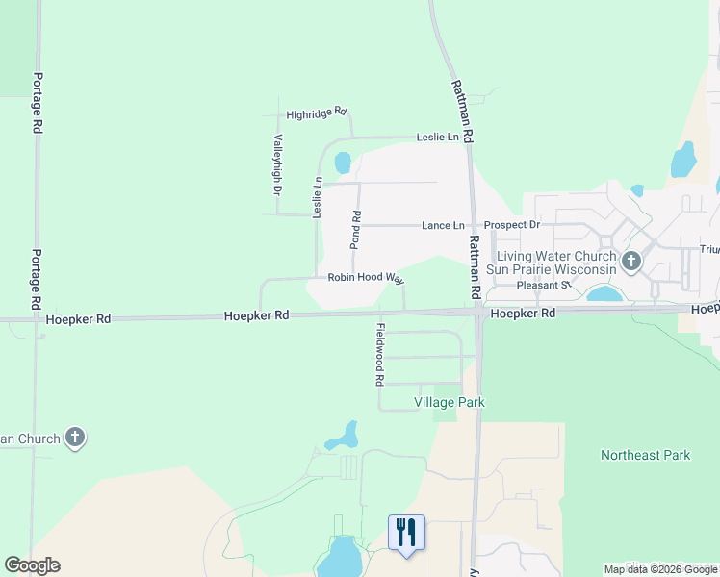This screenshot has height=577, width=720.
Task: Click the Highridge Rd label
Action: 316,113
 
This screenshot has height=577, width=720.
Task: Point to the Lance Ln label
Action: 443,225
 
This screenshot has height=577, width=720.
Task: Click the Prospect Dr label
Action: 512,224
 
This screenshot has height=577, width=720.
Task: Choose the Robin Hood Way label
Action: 365,277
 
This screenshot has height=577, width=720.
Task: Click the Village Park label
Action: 449,402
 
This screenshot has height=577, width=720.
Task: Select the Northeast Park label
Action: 646,455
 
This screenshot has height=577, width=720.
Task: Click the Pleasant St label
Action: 544,286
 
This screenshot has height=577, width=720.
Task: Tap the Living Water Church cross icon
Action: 631,261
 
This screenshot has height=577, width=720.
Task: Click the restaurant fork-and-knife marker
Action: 406,532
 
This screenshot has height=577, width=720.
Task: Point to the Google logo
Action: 32,565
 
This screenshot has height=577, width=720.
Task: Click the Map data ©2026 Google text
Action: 660,569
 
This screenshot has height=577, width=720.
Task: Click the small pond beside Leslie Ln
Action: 343,163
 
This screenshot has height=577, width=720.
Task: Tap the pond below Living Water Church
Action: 604,293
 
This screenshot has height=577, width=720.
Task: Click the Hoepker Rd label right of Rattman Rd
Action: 522,314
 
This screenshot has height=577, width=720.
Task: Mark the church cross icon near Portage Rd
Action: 75,439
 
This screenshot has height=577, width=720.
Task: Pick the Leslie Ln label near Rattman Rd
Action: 438,138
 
